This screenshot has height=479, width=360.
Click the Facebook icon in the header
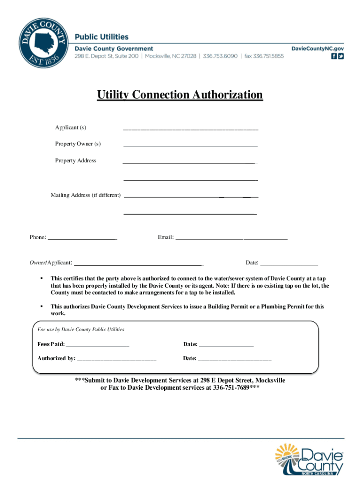click(x=334, y=56)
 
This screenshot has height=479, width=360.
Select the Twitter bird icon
click(x=341, y=56)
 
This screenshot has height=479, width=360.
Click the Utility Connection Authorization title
click(x=180, y=95)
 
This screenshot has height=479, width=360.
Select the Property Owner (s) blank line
click(x=190, y=145)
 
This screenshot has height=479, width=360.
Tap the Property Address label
click(x=76, y=160)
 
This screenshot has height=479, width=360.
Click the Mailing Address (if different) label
click(x=86, y=195)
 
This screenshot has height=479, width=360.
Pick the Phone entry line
click(x=83, y=239)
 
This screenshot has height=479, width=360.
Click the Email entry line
click(x=231, y=239)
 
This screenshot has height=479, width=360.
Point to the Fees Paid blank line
click(x=97, y=346)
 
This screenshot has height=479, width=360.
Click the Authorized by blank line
click(x=116, y=360)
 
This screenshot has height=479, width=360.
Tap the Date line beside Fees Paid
click(x=226, y=346)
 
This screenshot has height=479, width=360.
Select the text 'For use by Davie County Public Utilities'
click(x=81, y=329)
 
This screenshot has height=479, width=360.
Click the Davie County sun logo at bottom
click(x=310, y=459)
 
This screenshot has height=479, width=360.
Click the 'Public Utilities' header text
click(x=102, y=37)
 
